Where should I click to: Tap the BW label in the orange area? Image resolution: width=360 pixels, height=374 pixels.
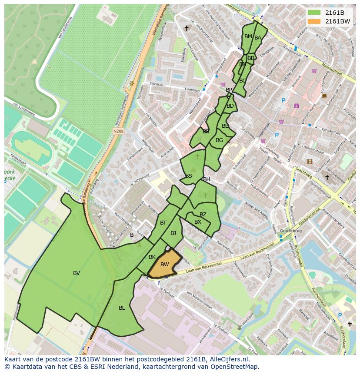[164, 265]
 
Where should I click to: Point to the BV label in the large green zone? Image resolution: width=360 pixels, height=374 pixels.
[77, 273]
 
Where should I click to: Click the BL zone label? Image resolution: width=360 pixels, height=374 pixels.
[122, 308]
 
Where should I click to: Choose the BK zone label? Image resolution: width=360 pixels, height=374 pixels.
[152, 257]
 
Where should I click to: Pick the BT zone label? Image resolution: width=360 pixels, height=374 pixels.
[163, 223]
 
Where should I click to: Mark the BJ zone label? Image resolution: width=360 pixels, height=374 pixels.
[173, 233]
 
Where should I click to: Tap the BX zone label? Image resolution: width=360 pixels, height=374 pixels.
[198, 222]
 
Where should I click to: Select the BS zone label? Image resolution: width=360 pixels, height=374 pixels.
[189, 176]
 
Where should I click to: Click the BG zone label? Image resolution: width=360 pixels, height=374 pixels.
[219, 140]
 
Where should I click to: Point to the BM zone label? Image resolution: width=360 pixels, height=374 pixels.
[248, 36]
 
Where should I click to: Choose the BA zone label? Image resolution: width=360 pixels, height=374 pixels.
[258, 38]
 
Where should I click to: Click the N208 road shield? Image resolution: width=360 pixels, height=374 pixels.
[118, 131]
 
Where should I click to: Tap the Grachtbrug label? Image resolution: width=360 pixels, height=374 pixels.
[291, 231]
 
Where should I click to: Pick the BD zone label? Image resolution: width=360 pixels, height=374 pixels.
[230, 106]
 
